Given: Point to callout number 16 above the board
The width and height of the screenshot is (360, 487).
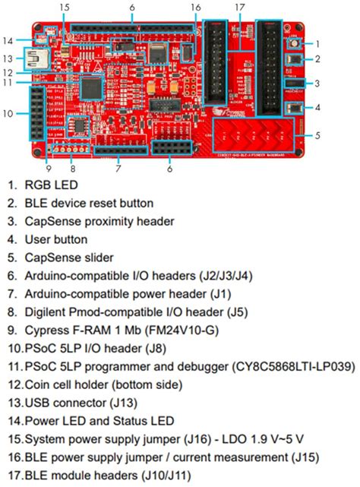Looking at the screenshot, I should point(195,7).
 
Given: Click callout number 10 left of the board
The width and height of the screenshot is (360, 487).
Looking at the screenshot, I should point(8,114).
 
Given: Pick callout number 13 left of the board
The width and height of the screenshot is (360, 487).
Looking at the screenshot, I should point(8,58).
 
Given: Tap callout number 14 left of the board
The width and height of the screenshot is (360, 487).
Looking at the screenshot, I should point(8,40).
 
